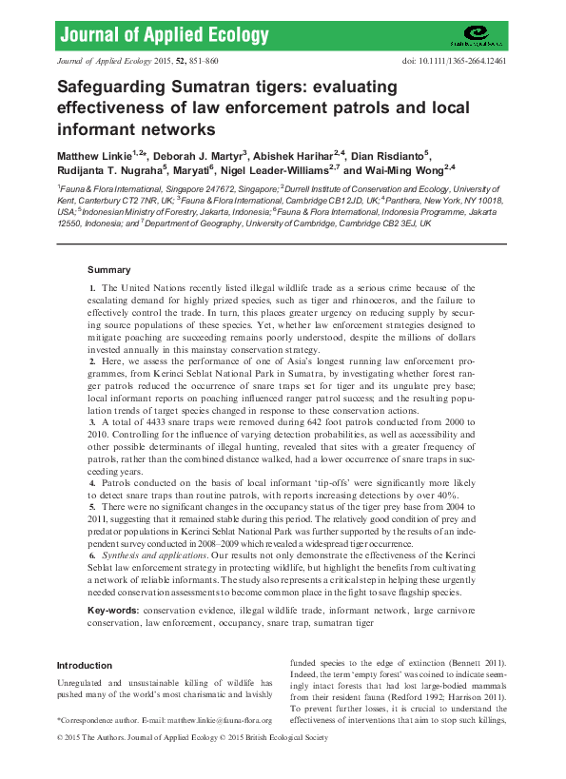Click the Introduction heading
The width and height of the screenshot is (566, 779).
84,666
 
